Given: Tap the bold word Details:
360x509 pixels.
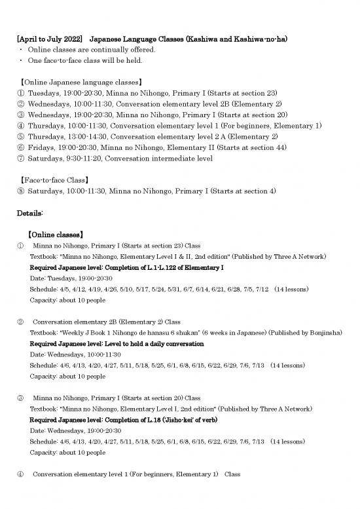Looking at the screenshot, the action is coord(30,214).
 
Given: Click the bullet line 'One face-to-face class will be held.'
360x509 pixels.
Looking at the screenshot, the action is coord(85,61).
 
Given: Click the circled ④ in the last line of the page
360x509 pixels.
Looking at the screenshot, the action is coord(20,474).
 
